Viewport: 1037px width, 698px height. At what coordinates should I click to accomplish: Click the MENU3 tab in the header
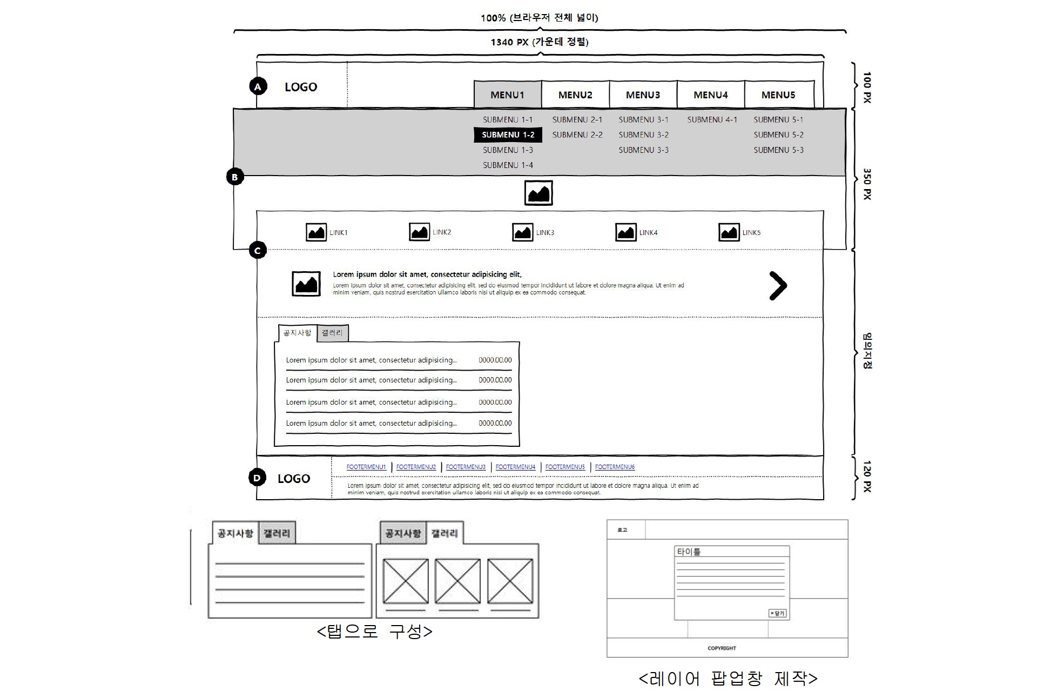tap(643, 95)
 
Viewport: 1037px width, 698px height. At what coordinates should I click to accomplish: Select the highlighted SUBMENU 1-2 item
tap(508, 135)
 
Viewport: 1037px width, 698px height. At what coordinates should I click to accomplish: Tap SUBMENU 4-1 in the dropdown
tap(712, 120)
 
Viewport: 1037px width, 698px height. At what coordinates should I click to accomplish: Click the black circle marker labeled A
tap(258, 86)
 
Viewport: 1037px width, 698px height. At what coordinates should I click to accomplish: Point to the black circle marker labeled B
tap(235, 177)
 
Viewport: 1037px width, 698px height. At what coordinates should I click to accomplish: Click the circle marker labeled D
tap(257, 478)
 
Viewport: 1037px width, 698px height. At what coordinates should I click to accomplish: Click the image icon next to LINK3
tap(522, 232)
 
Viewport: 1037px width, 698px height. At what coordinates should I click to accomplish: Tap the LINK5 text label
tap(751, 233)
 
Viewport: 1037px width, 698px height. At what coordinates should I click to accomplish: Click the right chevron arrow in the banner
tap(778, 285)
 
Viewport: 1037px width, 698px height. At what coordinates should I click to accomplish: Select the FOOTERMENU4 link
tap(515, 467)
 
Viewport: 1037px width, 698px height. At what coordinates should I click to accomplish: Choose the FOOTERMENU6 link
tap(615, 467)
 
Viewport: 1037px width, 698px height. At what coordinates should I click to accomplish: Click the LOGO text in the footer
tap(294, 479)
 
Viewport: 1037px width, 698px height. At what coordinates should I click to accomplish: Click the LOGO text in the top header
tap(301, 87)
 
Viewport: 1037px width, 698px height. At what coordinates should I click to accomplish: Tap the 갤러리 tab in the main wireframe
tap(332, 333)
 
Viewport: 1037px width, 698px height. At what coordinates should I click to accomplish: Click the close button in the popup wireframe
tap(777, 613)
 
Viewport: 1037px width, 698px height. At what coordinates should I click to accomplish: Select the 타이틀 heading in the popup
tap(689, 552)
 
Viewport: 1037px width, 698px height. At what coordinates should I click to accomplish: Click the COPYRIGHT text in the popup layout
tap(722, 648)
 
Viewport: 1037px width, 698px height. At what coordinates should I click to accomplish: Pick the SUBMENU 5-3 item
tap(778, 150)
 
